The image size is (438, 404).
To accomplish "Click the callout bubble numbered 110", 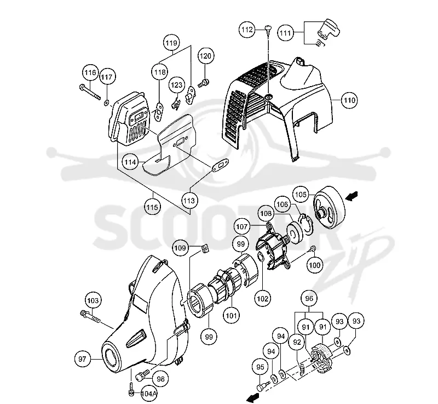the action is [349, 100].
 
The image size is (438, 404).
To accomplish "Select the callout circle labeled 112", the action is [247, 30].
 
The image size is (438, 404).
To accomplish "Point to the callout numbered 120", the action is [205, 56].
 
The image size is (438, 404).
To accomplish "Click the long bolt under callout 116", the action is [90, 92].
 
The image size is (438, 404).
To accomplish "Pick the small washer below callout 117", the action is [106, 103].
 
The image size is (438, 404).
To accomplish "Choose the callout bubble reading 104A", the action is [149, 394].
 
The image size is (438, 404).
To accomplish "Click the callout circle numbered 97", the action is [83, 359].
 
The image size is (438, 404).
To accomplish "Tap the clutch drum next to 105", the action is [328, 206].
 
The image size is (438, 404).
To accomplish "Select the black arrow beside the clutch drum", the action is [351, 196].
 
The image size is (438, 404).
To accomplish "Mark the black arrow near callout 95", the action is [253, 398].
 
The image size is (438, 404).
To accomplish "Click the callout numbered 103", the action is [93, 300].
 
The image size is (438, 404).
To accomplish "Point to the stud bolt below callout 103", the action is [90, 317].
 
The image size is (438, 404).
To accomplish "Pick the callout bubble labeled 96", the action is [309, 299].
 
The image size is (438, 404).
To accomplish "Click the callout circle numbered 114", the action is [130, 162].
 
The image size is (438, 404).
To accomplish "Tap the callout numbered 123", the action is [176, 85].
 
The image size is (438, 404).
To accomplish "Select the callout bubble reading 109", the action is [180, 248].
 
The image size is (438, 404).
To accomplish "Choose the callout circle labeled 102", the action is [263, 299].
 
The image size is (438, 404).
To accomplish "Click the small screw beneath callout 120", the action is [204, 83].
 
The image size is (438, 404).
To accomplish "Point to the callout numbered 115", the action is [152, 207].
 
